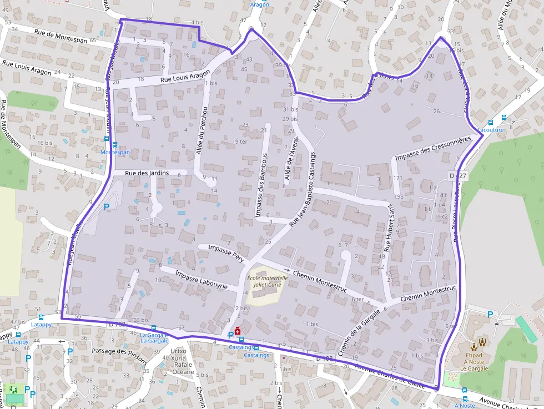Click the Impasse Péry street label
225,251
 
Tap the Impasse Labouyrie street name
201,280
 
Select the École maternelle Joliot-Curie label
267,281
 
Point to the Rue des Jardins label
147,173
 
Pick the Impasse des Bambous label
261,185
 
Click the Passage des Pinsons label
119,355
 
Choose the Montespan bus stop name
115,152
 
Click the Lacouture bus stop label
490,129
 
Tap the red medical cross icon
238,331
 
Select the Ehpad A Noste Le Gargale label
478,362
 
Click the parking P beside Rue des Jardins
107,206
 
